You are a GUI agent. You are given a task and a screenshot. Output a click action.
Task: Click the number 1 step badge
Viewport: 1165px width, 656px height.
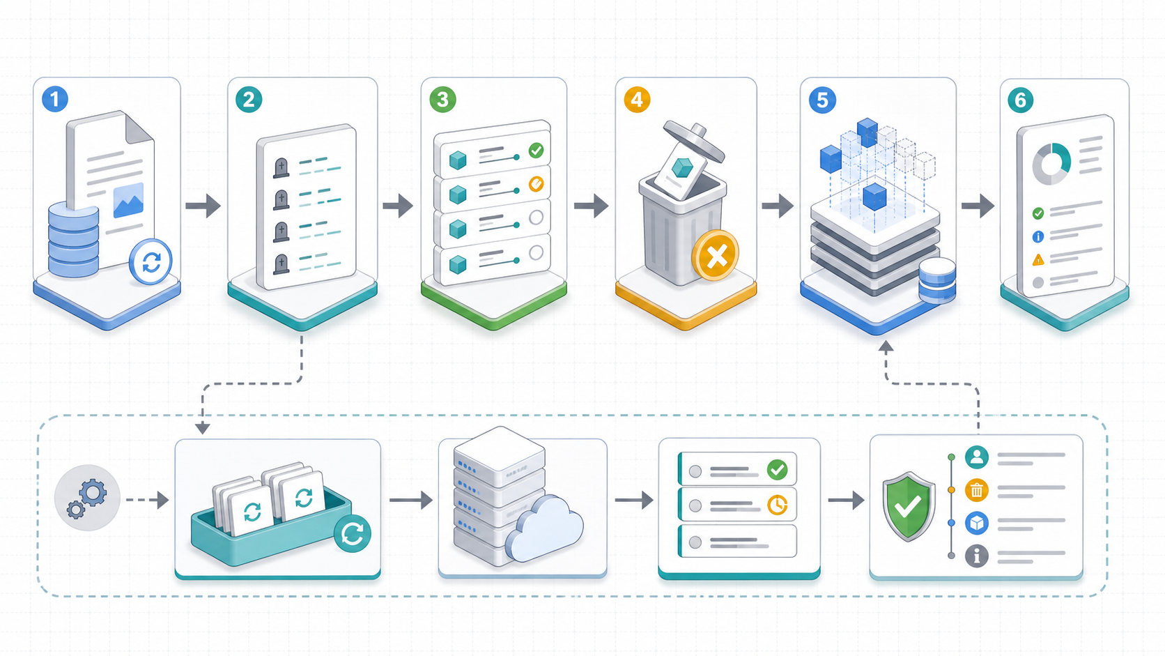(x=54, y=99)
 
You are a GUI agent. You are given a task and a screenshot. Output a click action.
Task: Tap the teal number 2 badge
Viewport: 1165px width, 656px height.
(x=249, y=100)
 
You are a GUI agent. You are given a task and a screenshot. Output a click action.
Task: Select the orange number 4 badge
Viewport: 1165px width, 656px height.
(x=637, y=100)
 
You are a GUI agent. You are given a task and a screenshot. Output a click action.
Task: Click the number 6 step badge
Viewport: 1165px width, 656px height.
(x=1020, y=100)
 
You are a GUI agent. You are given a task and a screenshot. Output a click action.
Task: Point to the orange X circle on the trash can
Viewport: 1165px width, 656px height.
(x=716, y=255)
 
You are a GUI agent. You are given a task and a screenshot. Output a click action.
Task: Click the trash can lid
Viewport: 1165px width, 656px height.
(x=694, y=140)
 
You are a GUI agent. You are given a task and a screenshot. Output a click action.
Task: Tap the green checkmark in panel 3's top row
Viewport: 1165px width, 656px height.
(x=537, y=151)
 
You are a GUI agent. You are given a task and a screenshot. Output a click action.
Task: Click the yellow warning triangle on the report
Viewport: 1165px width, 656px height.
(x=1037, y=259)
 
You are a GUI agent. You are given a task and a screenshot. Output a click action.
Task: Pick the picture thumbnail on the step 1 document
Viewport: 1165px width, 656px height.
(x=128, y=200)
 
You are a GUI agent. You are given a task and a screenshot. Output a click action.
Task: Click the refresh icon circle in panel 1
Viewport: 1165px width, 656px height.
(x=151, y=261)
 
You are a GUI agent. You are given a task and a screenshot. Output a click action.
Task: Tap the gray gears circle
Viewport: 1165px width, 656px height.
(x=87, y=498)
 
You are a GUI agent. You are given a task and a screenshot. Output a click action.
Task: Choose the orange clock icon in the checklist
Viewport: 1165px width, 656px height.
(x=778, y=505)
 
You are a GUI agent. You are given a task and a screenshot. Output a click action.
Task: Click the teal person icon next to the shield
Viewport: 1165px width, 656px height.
(x=977, y=457)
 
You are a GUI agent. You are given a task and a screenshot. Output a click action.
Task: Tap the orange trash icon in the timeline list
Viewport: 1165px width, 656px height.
(x=977, y=490)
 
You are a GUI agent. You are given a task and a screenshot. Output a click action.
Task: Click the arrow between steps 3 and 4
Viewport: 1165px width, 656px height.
(x=591, y=206)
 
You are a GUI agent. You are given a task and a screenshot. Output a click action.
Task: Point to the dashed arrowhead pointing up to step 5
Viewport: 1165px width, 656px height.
(x=886, y=347)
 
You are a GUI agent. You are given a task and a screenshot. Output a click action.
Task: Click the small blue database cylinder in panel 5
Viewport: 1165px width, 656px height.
(x=937, y=280)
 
